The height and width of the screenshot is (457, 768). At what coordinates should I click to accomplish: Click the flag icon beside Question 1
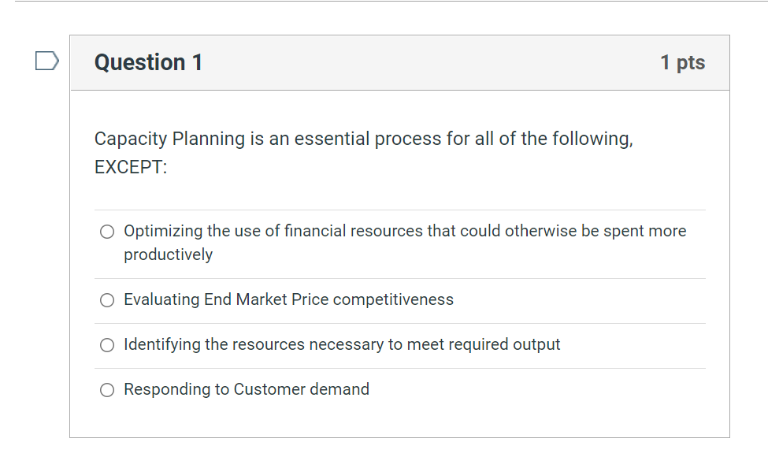47,61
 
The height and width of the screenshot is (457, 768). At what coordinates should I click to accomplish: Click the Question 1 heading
148,62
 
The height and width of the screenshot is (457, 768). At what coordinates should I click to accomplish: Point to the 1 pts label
682,62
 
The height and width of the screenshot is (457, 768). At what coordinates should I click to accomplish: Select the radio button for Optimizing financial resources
107,232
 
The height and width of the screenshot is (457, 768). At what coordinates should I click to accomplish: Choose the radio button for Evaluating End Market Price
107,300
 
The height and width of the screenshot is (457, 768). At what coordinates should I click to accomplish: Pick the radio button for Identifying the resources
107,345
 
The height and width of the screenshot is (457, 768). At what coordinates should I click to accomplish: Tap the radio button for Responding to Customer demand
107,390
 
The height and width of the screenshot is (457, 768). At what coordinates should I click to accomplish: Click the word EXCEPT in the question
129,168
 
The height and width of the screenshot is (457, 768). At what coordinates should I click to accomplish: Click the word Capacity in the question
130,139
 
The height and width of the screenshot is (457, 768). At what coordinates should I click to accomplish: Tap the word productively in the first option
168,255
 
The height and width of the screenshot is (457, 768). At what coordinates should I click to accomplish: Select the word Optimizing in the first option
163,231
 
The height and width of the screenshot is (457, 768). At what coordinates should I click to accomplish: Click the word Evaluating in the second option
161,299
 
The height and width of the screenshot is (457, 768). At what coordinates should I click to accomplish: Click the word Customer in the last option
268,389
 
